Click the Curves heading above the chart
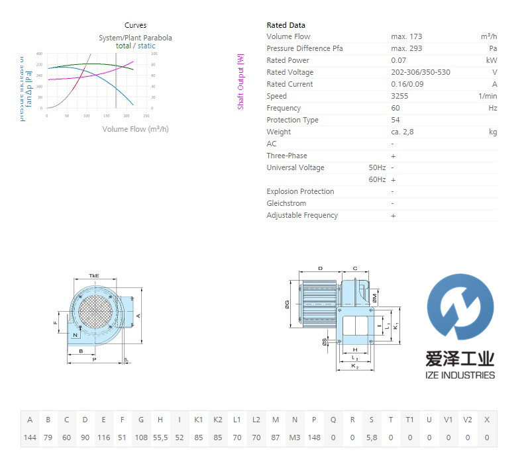(x=135, y=25)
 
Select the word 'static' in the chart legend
(x=146, y=46)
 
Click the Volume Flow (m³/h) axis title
(x=135, y=129)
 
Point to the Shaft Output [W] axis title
(x=240, y=81)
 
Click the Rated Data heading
(x=286, y=25)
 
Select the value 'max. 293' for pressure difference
(x=406, y=48)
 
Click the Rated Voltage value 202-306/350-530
(x=421, y=72)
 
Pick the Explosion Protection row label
(x=300, y=191)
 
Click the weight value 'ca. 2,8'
(x=403, y=132)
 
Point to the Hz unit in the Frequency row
(x=492, y=108)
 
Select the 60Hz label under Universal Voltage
(x=377, y=179)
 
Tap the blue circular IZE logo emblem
(x=460, y=309)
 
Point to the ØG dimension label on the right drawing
(x=287, y=304)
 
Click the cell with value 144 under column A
(x=30, y=437)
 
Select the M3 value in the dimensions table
(x=295, y=437)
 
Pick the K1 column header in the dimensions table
(x=199, y=420)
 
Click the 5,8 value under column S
(x=372, y=437)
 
